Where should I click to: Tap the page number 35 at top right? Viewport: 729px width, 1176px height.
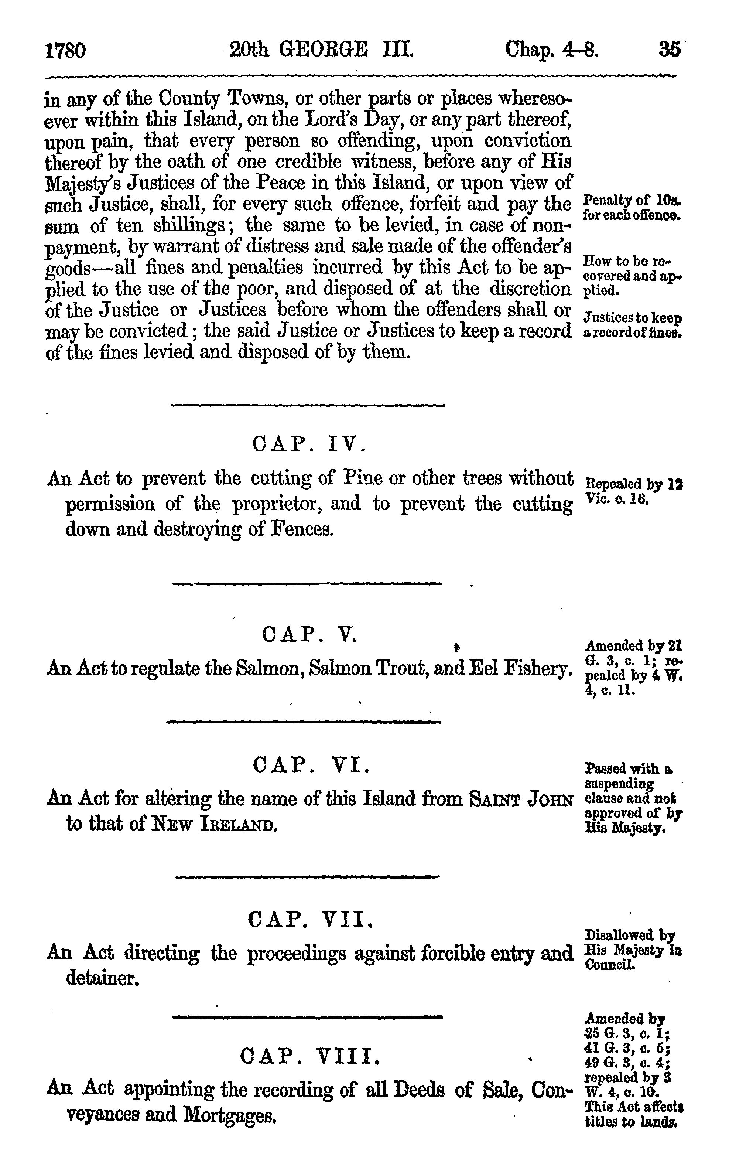[x=669, y=50]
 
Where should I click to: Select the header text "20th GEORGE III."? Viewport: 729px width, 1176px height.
[x=322, y=50]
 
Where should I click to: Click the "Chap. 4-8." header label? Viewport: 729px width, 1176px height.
[x=552, y=50]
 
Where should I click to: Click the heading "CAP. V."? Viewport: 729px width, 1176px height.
[x=309, y=634]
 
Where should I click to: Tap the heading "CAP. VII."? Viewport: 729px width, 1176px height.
[x=311, y=919]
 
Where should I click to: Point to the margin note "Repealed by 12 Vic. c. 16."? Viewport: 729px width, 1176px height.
[x=634, y=491]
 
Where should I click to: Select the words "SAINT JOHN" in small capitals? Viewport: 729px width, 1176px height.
[x=521, y=799]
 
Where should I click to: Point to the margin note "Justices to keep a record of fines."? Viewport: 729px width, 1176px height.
[x=633, y=325]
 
